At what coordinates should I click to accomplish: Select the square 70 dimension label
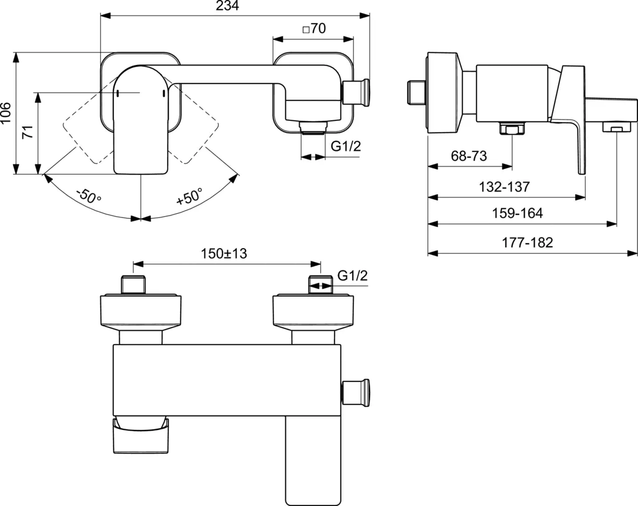click(313, 29)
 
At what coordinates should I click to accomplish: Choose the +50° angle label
click(190, 198)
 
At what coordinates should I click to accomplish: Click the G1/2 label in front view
click(345, 147)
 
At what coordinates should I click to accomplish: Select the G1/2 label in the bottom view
click(353, 275)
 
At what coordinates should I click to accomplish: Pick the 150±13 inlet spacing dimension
click(224, 254)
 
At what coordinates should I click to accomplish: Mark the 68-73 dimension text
click(469, 156)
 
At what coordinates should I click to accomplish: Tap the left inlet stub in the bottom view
click(135, 284)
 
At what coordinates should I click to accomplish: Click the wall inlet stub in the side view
click(414, 92)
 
